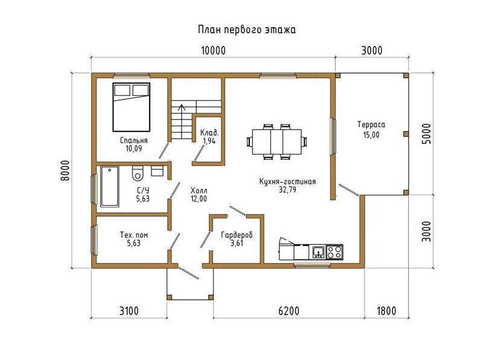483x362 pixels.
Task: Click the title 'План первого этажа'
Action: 247,30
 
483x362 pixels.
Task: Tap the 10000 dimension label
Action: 213,51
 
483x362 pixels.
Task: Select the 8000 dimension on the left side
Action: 65,171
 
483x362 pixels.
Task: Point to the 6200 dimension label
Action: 289,311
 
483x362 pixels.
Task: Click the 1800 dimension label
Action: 386,311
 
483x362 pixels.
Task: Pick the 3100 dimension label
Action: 129,311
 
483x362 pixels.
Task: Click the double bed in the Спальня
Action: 131,107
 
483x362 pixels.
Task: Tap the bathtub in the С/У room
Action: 109,186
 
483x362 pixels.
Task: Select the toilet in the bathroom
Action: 138,173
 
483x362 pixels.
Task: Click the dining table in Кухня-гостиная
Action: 277,142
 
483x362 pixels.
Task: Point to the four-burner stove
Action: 334,252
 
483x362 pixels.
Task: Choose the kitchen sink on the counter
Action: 318,252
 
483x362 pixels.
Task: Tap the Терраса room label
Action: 371,125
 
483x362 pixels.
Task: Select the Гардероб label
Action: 237,235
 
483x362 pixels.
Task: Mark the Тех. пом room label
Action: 134,235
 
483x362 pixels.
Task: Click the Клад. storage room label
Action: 210,133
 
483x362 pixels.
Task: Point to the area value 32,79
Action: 287,189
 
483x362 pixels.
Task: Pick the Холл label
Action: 199,190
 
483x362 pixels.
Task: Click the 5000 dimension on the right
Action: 426,133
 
